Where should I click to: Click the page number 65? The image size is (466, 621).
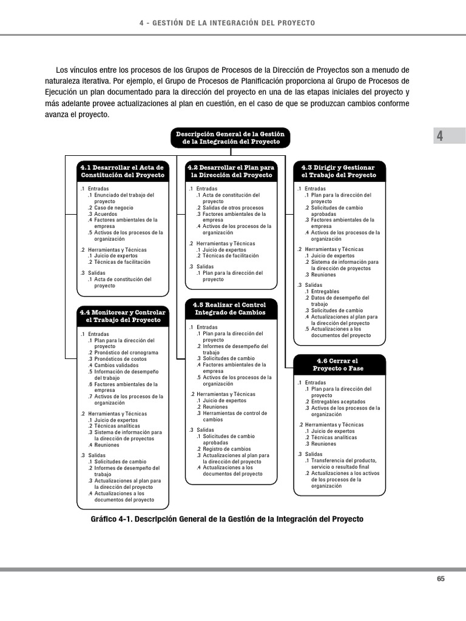[441, 579]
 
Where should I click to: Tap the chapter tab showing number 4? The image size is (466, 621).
[440, 136]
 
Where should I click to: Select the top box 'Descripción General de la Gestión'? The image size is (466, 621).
[230, 138]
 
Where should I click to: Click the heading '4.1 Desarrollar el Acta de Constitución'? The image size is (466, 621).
[123, 171]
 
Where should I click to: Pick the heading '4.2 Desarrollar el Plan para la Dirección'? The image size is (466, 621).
[231, 171]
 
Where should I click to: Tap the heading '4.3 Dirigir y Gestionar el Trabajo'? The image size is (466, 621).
[339, 171]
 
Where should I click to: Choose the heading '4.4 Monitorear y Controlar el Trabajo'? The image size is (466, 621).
[123, 316]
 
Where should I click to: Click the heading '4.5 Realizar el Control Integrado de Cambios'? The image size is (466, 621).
[231, 308]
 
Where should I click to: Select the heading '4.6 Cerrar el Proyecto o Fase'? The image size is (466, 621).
[339, 364]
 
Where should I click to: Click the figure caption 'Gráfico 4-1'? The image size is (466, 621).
[226, 520]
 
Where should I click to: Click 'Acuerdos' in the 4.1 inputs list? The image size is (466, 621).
[106, 214]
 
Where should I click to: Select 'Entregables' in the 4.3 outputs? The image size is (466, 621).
[326, 292]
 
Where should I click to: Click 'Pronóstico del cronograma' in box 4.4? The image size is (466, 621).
[126, 352]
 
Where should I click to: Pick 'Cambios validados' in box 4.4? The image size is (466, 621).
[116, 365]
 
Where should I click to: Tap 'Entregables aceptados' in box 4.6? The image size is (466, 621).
[338, 401]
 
